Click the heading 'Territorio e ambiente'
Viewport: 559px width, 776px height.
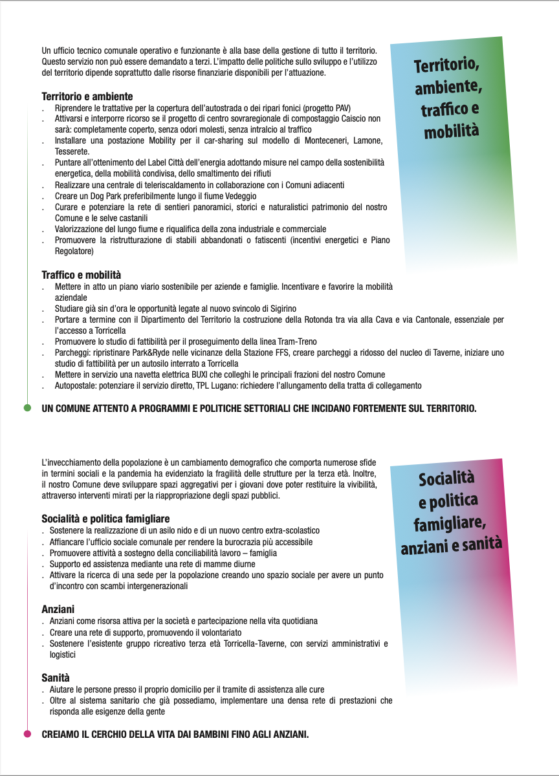[87, 96]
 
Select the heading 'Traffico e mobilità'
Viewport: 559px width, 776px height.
[82, 275]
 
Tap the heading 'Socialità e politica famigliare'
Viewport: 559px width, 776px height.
[105, 519]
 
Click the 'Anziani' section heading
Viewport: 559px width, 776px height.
[58, 609]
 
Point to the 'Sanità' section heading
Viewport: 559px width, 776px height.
[56, 678]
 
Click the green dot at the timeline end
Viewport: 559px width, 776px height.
[27, 408]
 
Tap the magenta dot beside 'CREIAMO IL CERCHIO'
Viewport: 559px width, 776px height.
[27, 734]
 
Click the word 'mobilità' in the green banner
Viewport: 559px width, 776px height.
[451, 132]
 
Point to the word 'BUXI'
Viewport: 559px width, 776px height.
[182, 374]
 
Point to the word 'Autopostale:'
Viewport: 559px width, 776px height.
[75, 385]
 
